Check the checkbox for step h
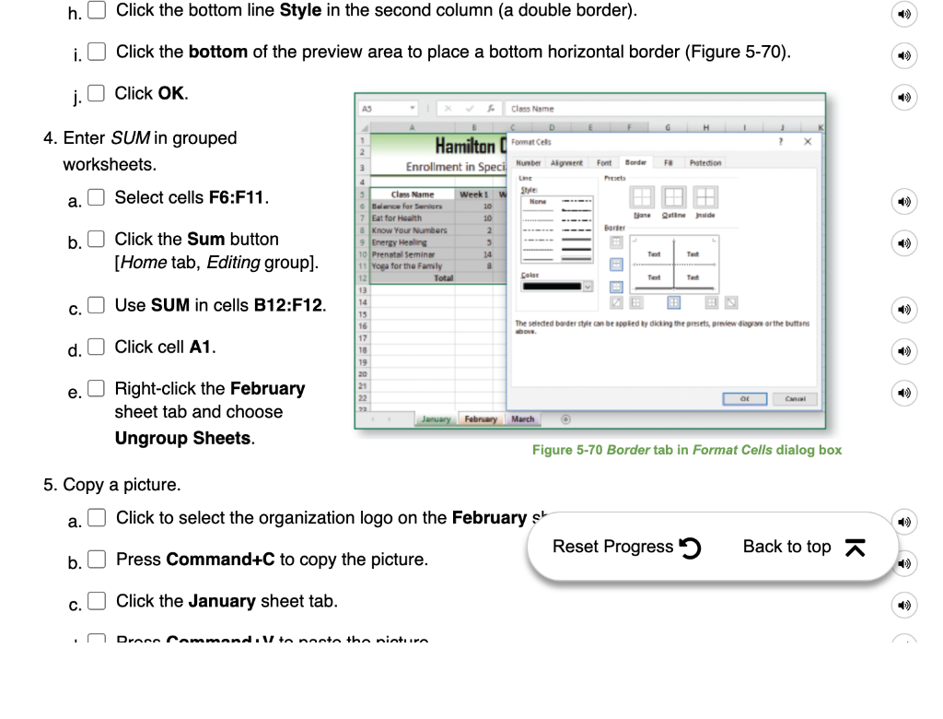coord(97,11)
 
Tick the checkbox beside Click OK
coord(96,93)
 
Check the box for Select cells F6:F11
coord(96,197)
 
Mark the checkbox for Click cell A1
coord(96,348)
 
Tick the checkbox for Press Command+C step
coord(97,560)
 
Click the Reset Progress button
coord(627,548)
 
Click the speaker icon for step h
coord(905,13)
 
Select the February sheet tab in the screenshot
coord(481,419)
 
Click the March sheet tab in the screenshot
coord(522,419)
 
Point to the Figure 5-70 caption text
coord(686,450)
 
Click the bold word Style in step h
coord(300,11)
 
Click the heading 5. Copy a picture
coord(112,485)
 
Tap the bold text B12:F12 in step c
coord(289,305)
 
